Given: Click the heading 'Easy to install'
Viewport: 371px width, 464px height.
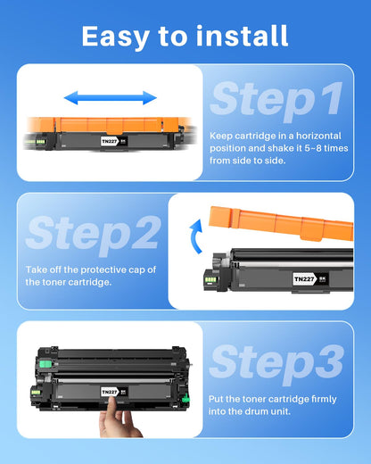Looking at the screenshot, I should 185,36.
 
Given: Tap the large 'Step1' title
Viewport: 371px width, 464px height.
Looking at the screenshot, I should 276,100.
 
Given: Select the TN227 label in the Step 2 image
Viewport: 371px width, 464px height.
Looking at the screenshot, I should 302,278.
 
